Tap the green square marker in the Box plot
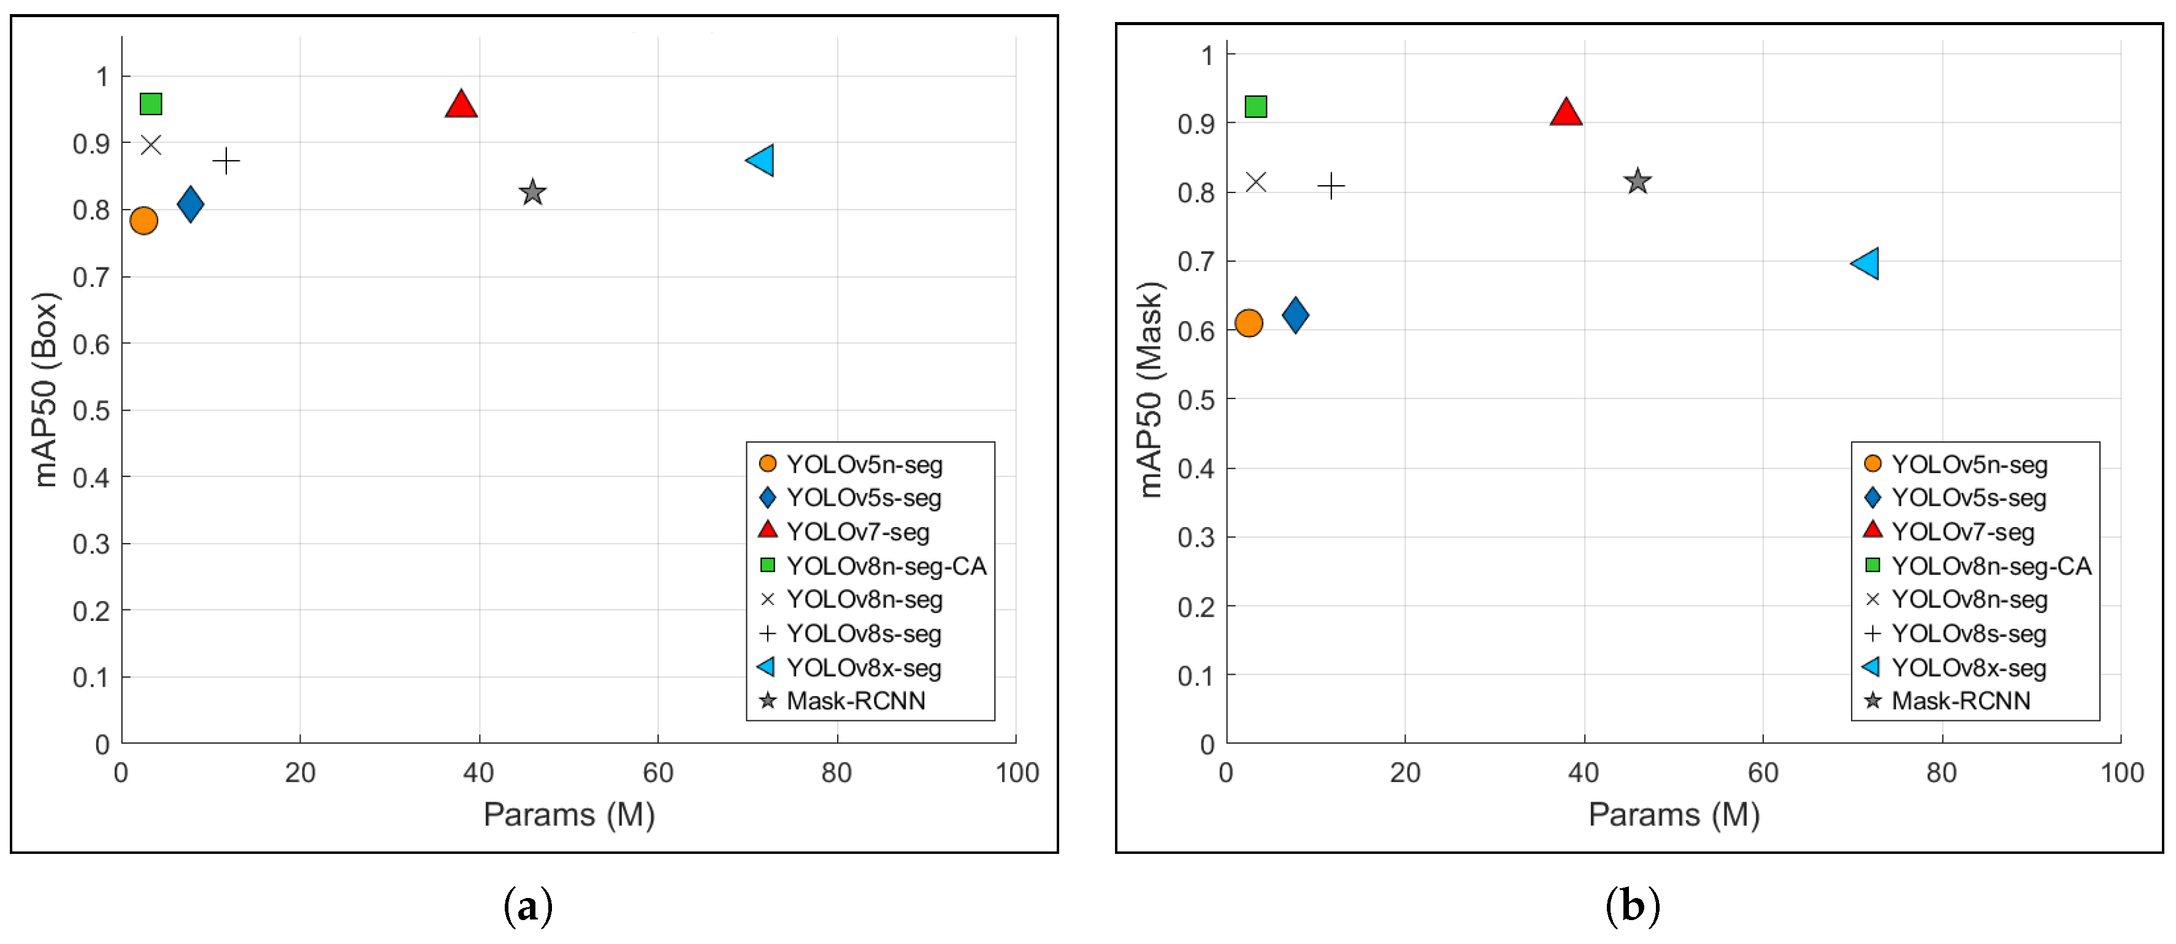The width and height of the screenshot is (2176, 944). tap(150, 104)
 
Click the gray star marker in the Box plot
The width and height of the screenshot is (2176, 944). tap(532, 192)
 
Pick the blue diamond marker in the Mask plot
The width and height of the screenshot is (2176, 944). tap(1295, 315)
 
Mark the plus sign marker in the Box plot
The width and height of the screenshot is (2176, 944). tap(226, 161)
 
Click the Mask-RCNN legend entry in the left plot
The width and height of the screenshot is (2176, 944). tap(855, 701)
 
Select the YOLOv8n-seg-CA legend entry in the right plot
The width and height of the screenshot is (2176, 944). tap(1990, 566)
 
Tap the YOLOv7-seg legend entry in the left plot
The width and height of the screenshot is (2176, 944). tap(857, 532)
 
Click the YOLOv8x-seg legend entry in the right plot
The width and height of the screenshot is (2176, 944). tap(1968, 668)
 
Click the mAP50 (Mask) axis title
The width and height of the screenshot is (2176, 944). tap(1151, 389)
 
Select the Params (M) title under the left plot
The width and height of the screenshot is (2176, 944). tap(569, 814)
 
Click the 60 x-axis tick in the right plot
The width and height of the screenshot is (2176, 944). tap(1763, 772)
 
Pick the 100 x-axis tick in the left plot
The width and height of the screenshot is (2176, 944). tap(1016, 772)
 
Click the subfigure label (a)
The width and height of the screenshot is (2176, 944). tap(528, 907)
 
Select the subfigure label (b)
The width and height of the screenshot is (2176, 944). tap(1632, 907)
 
